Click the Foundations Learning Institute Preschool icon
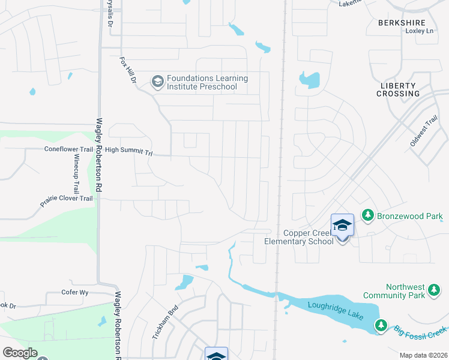pos(157,82)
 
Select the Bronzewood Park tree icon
pos(367,215)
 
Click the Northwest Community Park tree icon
pos(433,291)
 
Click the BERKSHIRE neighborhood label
pos(402,23)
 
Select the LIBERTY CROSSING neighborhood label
pos(399,90)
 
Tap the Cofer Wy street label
pos(75,293)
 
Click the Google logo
pos(19,353)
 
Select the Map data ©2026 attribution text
pos(423,355)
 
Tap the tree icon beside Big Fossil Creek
pos(381,325)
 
